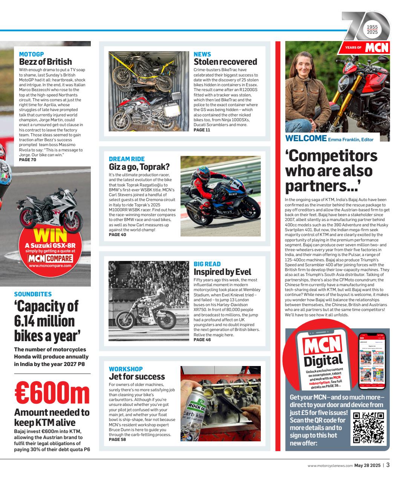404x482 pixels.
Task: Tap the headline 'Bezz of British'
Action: click(45, 62)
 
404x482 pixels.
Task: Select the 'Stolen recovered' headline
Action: click(225, 62)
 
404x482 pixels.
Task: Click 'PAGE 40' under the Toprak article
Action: click(117, 235)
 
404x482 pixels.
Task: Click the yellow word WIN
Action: click(50, 235)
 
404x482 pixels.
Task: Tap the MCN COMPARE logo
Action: click(50, 258)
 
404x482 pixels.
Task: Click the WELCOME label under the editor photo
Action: click(305, 138)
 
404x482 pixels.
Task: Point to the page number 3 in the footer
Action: click(388, 465)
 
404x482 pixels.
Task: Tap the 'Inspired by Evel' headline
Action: click(222, 272)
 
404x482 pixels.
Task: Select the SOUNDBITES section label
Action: click(33, 294)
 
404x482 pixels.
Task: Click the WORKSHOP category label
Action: click(125, 369)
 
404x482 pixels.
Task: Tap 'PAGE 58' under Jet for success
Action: click(117, 439)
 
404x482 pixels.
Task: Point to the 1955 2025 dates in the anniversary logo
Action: click(372, 30)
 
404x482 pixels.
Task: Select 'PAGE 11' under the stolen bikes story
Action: click(202, 130)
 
